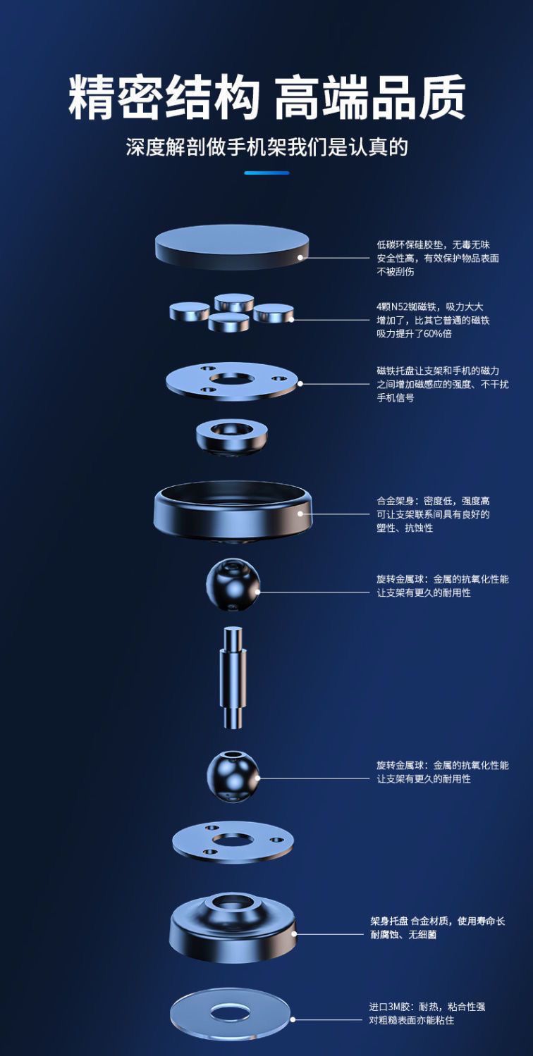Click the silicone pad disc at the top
pyautogui.click(x=231, y=247)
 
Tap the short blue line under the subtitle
pyautogui.click(x=266, y=173)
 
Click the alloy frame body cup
pyautogui.click(x=233, y=511)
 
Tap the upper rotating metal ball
pyautogui.click(x=233, y=585)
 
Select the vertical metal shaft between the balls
pyautogui.click(x=233, y=677)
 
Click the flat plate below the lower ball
pyautogui.click(x=232, y=843)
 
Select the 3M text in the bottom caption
pyautogui.click(x=394, y=1007)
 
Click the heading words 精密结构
pyautogui.click(x=164, y=98)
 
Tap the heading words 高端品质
pyautogui.click(x=370, y=98)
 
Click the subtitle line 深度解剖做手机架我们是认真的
pyautogui.click(x=266, y=147)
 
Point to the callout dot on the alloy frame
pyautogui.click(x=300, y=514)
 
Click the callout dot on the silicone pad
pyautogui.click(x=300, y=257)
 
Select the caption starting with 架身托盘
pyautogui.click(x=437, y=927)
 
